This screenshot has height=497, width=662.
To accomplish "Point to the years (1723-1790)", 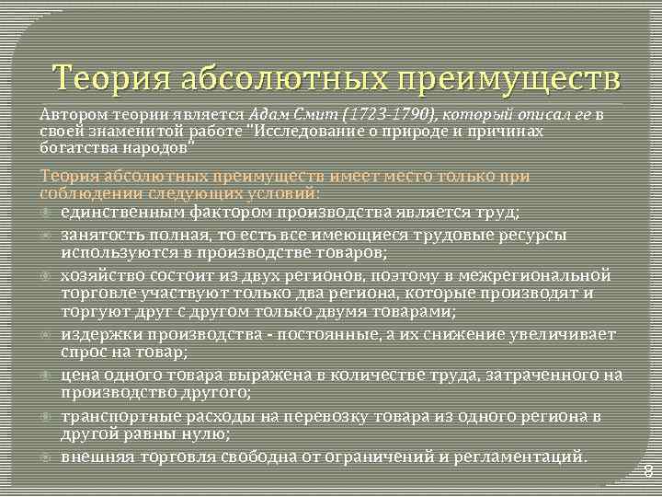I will (383, 115).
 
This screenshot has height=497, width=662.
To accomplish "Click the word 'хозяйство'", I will (100, 274).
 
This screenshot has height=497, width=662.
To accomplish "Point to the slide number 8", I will (646, 472).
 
